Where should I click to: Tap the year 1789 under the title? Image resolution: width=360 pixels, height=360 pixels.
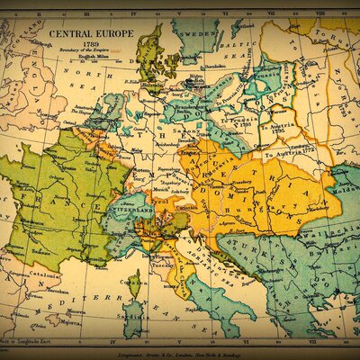coord(87,42)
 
